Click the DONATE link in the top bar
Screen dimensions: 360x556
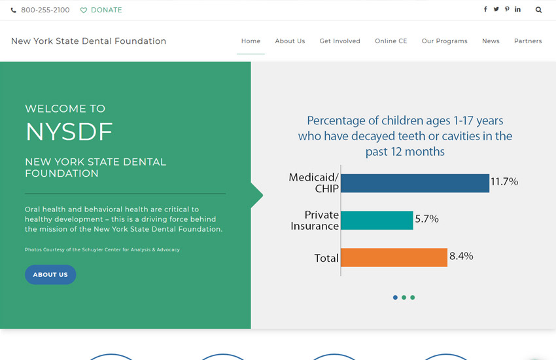(101, 10)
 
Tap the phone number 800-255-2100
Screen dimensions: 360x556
(45, 10)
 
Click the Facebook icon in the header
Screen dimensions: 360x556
(485, 9)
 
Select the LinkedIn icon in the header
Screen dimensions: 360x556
(518, 9)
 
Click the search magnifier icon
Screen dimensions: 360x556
(538, 10)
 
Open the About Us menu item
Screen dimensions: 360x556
(290, 41)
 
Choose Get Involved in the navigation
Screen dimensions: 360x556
(339, 41)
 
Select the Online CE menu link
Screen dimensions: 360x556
(391, 41)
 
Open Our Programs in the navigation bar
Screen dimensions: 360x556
(444, 41)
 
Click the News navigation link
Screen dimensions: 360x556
(491, 41)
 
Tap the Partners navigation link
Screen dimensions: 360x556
(528, 41)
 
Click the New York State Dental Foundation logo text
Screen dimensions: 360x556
(88, 41)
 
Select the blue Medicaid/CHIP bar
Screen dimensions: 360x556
(415, 183)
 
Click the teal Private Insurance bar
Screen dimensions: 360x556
(377, 220)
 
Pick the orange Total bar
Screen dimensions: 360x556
(394, 257)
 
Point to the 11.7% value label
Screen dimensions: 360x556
(504, 182)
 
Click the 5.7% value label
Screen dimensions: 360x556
(426, 219)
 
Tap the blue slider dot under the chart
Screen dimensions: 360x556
(395, 297)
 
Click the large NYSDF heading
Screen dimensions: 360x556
(69, 132)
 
